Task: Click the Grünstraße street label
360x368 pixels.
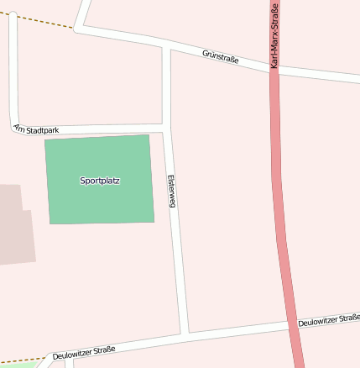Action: pyautogui.click(x=221, y=56)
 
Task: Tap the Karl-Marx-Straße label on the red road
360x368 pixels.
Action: pyautogui.click(x=274, y=34)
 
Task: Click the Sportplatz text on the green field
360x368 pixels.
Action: pyautogui.click(x=100, y=181)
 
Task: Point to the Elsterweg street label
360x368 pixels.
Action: pyautogui.click(x=171, y=192)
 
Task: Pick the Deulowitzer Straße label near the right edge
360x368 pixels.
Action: pyautogui.click(x=329, y=320)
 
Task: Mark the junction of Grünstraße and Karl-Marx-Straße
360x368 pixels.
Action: pyautogui.click(x=274, y=71)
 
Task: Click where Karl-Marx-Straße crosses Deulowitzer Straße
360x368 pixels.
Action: pyautogui.click(x=295, y=323)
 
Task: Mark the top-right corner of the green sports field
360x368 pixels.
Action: pyautogui.click(x=149, y=134)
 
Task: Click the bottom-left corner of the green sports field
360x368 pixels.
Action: pyautogui.click(x=50, y=223)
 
